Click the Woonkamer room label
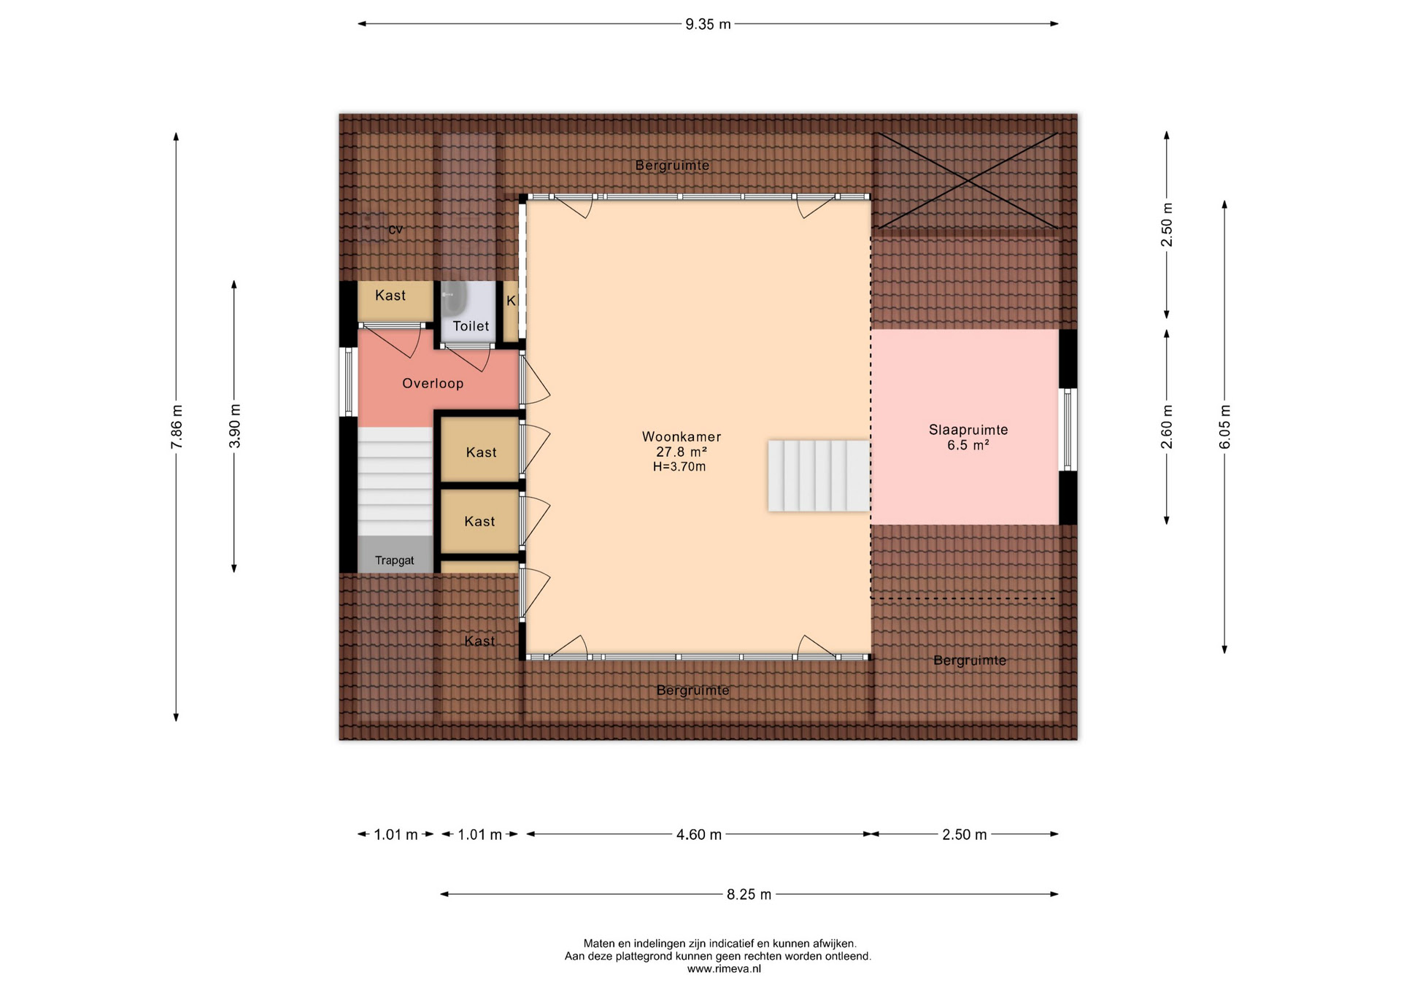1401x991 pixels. [x=682, y=437]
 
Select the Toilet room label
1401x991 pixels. [x=471, y=326]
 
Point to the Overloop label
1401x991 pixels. [x=433, y=384]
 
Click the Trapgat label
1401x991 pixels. [x=394, y=560]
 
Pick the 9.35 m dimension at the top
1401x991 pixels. [x=708, y=24]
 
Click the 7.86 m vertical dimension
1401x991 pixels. [x=177, y=427]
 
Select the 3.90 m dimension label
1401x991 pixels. [x=234, y=426]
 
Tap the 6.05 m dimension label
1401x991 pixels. [x=1225, y=427]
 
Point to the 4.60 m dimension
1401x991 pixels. [x=699, y=834]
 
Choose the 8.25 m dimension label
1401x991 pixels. [x=749, y=895]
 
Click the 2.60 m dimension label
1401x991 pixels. [x=1167, y=427]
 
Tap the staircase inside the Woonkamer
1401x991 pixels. [x=819, y=476]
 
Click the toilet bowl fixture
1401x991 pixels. [x=453, y=298]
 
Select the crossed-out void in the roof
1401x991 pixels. [x=966, y=180]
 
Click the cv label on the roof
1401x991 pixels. [x=395, y=230]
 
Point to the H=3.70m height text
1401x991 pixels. [x=679, y=467]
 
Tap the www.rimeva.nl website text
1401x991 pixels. [x=724, y=969]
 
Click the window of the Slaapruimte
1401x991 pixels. [x=1068, y=429]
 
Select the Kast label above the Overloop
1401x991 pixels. [x=390, y=296]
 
